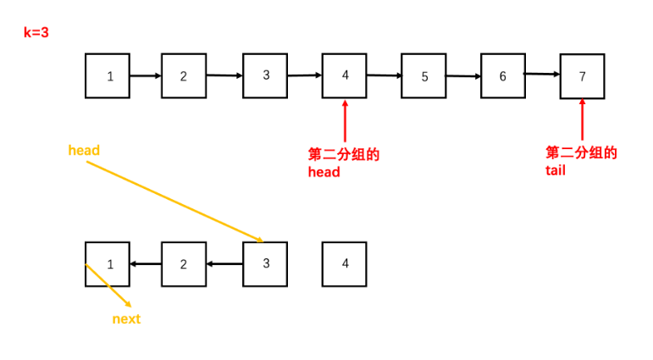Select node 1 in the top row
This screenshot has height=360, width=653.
(x=108, y=75)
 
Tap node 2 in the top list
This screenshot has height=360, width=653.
(x=184, y=75)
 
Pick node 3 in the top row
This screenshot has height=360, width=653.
(x=265, y=75)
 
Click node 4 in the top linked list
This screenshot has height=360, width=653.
(x=345, y=75)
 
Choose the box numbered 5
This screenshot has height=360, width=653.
(x=424, y=75)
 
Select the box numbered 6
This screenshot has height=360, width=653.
(x=503, y=75)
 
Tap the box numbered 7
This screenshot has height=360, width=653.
(x=583, y=75)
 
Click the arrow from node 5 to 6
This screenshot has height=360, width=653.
(x=463, y=75)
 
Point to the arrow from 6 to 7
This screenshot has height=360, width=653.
(x=543, y=75)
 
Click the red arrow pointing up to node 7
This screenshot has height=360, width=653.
(x=583, y=120)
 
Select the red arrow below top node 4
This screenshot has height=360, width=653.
(x=345, y=120)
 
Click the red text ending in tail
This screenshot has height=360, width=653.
(x=581, y=162)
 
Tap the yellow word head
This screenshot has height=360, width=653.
(x=84, y=151)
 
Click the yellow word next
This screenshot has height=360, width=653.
(x=126, y=319)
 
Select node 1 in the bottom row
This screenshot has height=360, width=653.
(x=108, y=263)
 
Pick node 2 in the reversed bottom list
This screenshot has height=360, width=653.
(x=184, y=263)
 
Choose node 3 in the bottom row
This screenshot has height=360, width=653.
(x=265, y=263)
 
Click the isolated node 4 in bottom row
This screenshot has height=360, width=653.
(x=345, y=263)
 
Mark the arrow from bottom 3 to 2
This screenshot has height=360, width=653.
(x=224, y=263)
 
